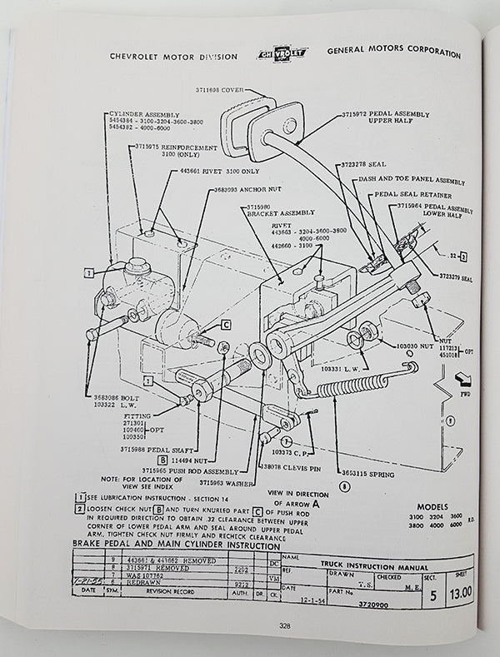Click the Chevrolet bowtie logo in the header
pos(282,55)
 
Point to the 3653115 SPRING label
pos(367,471)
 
